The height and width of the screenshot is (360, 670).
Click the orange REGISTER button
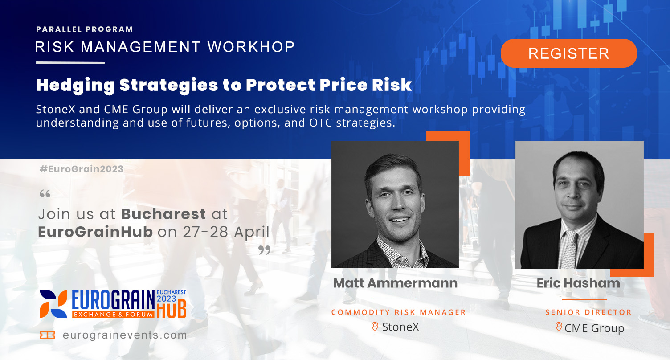[568, 53]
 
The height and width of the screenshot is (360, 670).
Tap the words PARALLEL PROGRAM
[85, 29]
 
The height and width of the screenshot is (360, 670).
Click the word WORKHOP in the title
[251, 47]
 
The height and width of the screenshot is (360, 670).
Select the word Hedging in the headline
[75, 86]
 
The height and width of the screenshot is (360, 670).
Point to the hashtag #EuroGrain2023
[82, 169]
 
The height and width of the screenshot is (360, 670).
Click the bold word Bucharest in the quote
[163, 214]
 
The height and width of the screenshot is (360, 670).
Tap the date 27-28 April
[226, 232]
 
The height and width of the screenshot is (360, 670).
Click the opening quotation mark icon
[45, 194]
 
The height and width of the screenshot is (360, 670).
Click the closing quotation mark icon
[265, 250]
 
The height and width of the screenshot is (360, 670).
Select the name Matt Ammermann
[396, 283]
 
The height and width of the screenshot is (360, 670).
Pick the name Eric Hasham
[579, 283]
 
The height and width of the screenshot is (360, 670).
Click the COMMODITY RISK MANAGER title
[398, 312]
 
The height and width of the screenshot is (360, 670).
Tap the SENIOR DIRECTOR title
[588, 312]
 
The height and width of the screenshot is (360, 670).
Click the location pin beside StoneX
[375, 327]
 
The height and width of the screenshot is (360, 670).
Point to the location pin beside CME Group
[559, 327]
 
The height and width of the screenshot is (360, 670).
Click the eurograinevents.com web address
[125, 335]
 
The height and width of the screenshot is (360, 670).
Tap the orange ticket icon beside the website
[47, 335]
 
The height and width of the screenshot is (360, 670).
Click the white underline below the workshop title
[70, 63]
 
